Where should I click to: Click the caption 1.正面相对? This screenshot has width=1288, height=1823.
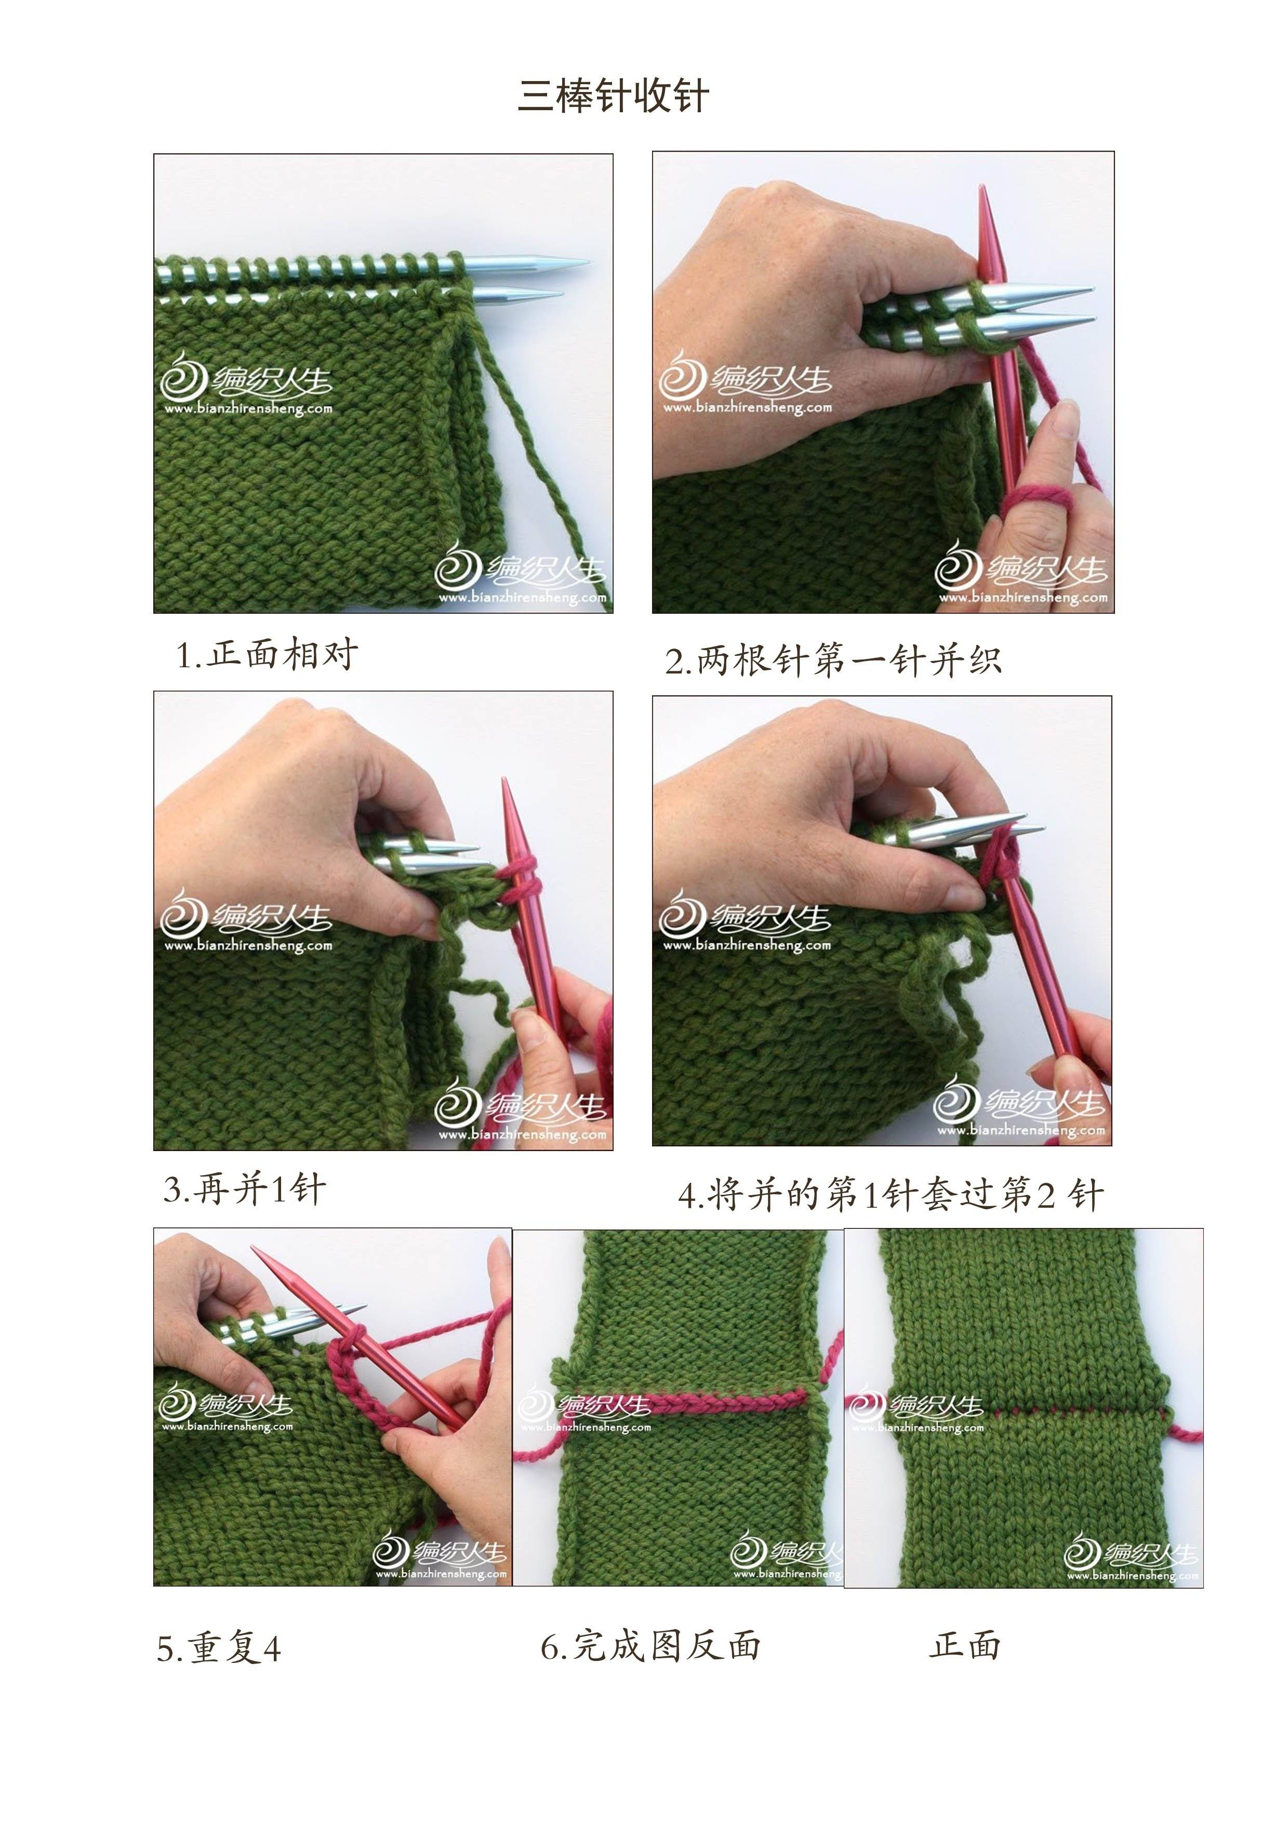tap(267, 655)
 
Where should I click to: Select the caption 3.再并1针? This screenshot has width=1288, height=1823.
tap(244, 1188)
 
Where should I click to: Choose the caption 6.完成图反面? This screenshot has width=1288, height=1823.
tap(650, 1646)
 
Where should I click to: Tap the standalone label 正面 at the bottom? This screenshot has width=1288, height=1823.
tap(965, 1644)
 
